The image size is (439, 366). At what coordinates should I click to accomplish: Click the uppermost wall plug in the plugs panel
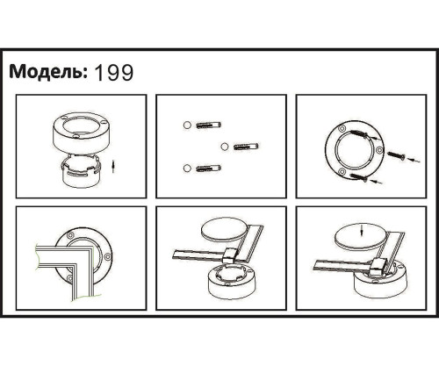(208, 125)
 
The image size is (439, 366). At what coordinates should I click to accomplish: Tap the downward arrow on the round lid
(363, 232)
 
